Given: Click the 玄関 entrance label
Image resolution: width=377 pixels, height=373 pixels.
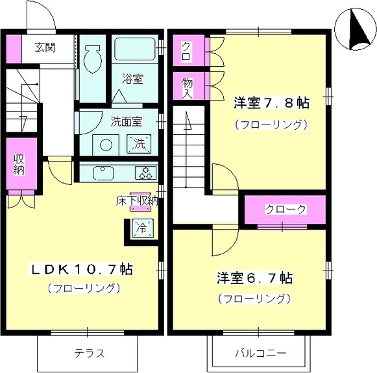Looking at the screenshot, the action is (45, 47).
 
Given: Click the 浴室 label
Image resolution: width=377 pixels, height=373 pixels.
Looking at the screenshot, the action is (133, 79).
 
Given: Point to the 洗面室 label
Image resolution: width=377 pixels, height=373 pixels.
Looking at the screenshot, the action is (127, 121).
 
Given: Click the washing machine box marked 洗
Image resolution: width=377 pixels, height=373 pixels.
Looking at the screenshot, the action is (140, 144).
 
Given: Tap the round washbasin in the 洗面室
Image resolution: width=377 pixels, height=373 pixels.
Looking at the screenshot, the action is (106, 145).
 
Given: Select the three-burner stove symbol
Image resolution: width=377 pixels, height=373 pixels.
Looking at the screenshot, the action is (146, 173).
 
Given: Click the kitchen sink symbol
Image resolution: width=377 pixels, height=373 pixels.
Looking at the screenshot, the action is (103, 173).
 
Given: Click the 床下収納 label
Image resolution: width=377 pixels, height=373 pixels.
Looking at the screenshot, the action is (137, 201).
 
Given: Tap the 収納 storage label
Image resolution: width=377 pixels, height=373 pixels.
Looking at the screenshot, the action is (19, 165).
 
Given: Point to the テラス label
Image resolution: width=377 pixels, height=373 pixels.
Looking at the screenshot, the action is (90, 354).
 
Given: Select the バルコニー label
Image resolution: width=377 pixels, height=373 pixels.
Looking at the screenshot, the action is (261, 354).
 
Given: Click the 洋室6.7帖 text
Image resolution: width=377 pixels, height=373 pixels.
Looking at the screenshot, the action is (254, 278).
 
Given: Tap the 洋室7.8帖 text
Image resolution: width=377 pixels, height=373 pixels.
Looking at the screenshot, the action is (271, 103).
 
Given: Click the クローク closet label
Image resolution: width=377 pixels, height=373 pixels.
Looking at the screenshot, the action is (286, 210).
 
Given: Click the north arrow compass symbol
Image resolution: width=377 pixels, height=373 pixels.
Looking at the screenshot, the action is (356, 29).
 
